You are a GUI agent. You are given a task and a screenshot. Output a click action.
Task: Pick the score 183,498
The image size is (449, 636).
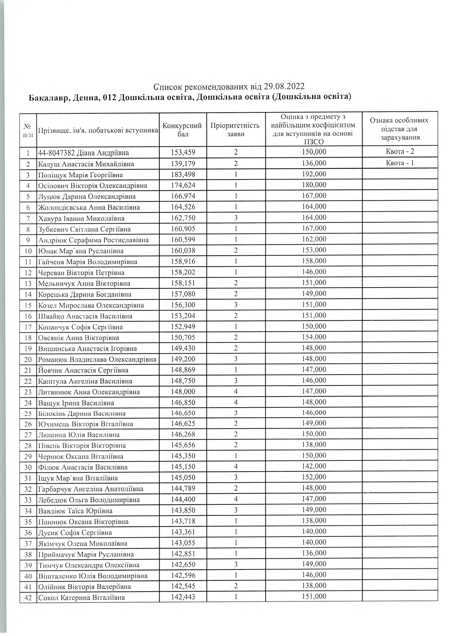(183, 174)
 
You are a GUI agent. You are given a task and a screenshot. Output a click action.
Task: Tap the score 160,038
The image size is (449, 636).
(183, 250)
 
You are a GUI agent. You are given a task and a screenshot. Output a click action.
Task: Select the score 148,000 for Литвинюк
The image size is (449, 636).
(183, 391)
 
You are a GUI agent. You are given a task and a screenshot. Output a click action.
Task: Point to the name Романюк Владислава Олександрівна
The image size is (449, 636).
(97, 359)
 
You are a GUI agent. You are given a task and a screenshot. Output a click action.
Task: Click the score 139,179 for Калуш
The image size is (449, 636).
(183, 163)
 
